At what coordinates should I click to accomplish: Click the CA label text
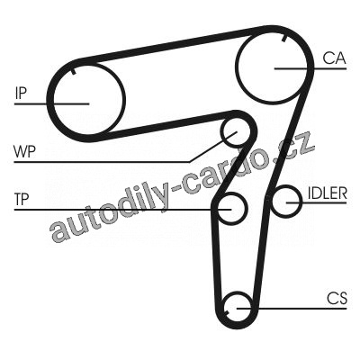tap(334, 58)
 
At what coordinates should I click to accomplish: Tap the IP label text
tap(21, 93)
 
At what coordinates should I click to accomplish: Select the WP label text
tap(24, 151)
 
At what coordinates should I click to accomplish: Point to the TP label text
tap(22, 199)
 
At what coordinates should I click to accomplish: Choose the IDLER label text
tap(328, 193)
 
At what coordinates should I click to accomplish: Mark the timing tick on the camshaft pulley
tap(284, 39)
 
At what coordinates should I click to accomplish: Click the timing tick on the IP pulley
tap(73, 71)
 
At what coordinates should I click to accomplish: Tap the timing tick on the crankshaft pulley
tap(227, 312)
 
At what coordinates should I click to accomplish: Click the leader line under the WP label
tap(102, 162)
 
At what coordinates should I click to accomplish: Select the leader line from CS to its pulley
tap(292, 308)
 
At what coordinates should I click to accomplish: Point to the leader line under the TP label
tap(122, 209)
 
